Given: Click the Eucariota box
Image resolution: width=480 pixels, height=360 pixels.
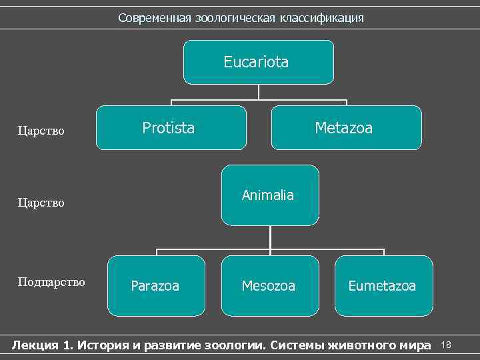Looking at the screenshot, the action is pos(258,62).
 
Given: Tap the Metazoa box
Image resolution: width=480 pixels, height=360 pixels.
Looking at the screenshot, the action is pos(346,127).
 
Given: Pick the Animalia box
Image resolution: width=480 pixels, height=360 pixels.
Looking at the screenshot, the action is pos(270,195).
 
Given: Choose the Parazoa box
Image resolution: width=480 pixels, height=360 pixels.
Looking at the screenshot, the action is pos(156,286).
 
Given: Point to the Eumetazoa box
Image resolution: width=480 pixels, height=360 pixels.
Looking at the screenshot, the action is pos(383,286).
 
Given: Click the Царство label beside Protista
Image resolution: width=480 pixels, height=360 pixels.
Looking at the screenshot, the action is pos(41,131).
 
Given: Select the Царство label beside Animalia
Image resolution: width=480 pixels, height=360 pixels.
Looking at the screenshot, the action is pos(41,202).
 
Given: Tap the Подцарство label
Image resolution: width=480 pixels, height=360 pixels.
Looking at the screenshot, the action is pos(51,282).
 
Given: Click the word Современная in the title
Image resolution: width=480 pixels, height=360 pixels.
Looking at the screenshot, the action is pos(155,18).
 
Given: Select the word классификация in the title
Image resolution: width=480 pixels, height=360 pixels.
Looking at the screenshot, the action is pos(322,18).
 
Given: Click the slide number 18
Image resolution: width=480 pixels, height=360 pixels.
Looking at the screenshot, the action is pos(447,345).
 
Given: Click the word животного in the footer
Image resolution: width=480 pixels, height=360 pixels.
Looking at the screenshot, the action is pos(363,345).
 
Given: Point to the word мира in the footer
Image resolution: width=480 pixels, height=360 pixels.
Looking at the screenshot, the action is pos(416,345).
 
